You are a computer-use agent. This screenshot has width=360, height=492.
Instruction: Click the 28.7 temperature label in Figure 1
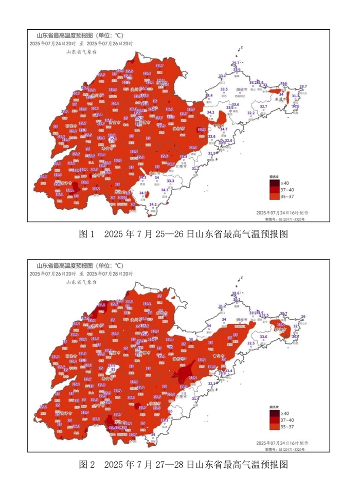tap(303, 86)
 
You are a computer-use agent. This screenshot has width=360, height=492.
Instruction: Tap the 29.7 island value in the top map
tap(236, 63)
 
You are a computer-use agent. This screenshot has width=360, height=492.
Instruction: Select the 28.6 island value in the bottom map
tap(236, 293)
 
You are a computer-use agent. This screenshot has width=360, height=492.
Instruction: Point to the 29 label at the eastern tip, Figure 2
tap(303, 317)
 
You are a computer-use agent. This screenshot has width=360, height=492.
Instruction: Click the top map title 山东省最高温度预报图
tap(64, 35)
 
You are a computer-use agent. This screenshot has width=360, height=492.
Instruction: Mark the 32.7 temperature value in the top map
tap(263, 106)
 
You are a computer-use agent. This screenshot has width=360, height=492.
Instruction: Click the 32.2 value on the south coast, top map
tap(251, 113)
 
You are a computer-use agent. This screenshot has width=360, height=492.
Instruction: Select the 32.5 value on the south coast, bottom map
tap(251, 343)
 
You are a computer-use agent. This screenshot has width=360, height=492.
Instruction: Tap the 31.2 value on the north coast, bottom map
tap(222, 306)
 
